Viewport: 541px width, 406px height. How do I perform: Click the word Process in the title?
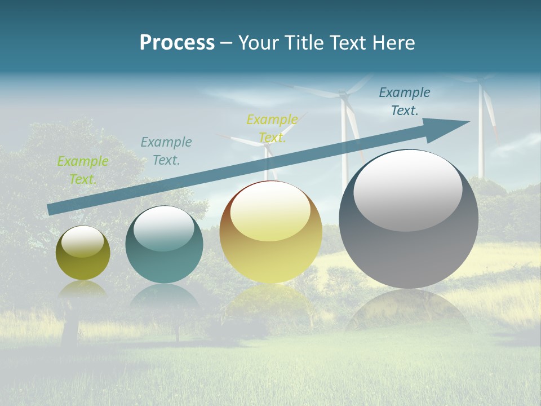click(177, 43)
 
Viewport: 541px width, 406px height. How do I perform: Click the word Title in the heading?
click(305, 43)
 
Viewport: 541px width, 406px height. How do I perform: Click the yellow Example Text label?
click(272, 129)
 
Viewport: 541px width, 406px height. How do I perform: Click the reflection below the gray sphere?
click(409, 310)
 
